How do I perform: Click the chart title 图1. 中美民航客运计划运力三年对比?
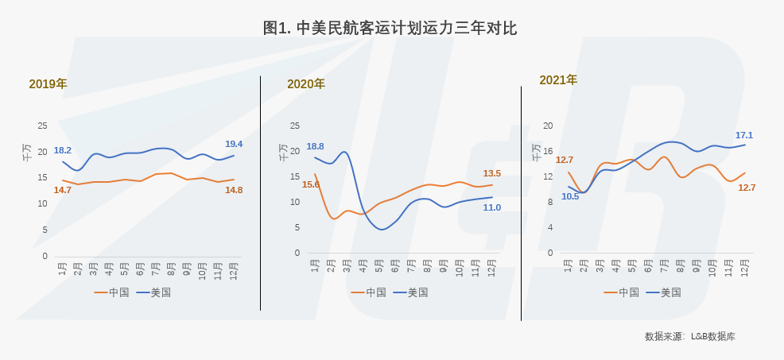click(x=390, y=28)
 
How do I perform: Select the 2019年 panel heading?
click(x=48, y=83)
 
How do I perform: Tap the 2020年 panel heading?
click(x=306, y=83)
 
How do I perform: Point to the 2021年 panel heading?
click(x=558, y=79)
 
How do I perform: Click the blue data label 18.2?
click(x=63, y=150)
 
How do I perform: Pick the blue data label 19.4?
click(x=234, y=144)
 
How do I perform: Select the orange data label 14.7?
click(x=63, y=190)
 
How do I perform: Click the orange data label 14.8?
click(x=234, y=190)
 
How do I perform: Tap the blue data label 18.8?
click(x=315, y=146)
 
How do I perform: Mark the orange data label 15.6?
click(x=311, y=184)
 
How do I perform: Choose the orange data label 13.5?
click(x=492, y=173)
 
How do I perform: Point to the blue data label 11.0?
click(x=492, y=207)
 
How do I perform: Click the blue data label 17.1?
click(x=744, y=135)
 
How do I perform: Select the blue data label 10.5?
click(x=570, y=196)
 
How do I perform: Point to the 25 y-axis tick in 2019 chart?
click(x=42, y=126)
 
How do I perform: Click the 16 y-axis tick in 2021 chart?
click(x=548, y=151)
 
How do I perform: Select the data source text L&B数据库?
click(x=713, y=337)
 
